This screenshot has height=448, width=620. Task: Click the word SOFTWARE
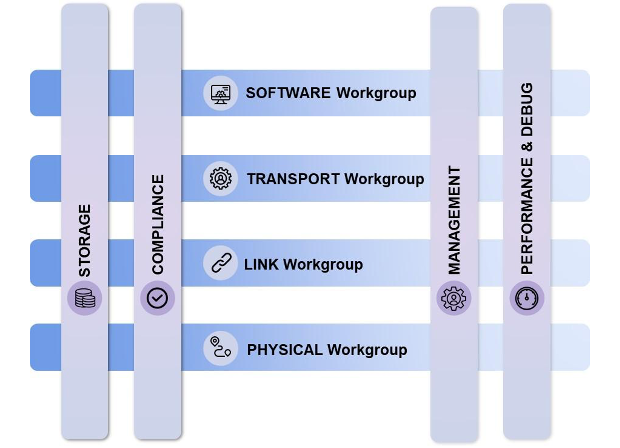point(288,93)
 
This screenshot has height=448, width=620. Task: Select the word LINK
point(261,265)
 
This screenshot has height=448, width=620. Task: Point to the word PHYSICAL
point(285,350)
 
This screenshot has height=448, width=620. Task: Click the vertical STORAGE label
point(84,240)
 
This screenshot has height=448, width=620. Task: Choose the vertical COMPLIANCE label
point(158,224)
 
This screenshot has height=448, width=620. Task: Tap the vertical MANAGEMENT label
point(454,220)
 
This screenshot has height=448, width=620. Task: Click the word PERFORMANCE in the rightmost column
point(527,216)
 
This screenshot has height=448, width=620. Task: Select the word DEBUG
point(527,109)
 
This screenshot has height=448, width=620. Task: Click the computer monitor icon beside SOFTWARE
point(221,93)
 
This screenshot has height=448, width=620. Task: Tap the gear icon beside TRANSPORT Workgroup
point(221,179)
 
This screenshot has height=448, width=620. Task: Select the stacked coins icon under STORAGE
point(85,298)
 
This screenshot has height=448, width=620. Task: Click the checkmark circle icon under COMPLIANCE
point(157,298)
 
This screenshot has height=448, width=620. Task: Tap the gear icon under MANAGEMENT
point(454,298)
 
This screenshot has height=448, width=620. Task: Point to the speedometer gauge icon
point(527,298)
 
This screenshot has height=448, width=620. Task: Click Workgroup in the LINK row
point(323,265)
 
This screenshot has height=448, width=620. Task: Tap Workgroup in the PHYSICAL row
point(367,350)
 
